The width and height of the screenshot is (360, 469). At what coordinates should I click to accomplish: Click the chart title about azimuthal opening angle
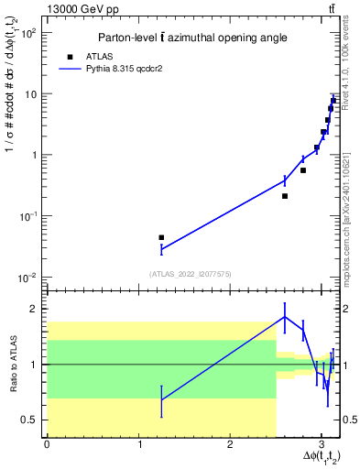191,38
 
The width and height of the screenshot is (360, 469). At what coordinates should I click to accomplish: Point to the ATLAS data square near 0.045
161,237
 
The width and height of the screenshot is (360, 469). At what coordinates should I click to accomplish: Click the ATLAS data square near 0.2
285,196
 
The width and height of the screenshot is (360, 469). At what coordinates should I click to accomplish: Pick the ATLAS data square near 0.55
303,170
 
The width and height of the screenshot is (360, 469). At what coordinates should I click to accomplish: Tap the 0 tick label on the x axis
47,444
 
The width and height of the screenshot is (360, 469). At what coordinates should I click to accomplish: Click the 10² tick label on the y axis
27,33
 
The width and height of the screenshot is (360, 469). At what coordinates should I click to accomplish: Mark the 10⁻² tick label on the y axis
27,278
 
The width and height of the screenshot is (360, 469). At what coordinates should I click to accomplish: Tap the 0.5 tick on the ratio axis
29,420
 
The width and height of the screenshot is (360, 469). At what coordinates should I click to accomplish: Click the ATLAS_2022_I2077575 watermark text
191,273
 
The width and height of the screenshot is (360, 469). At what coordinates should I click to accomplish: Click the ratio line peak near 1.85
285,317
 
